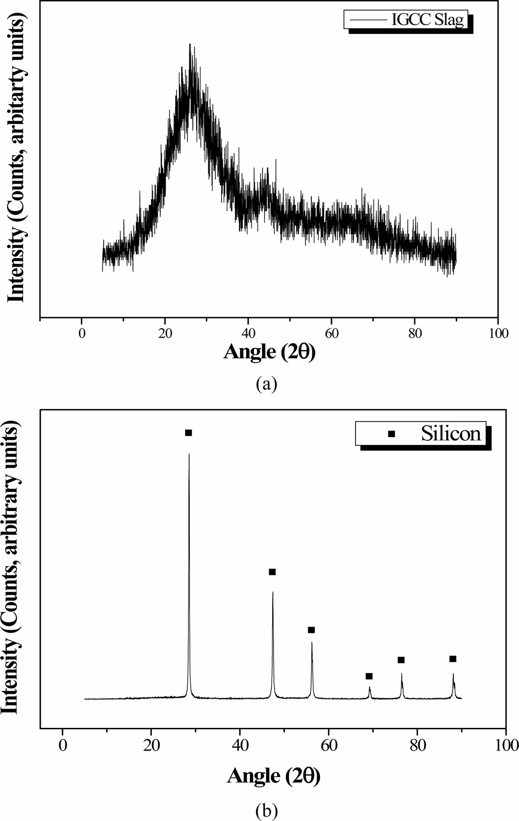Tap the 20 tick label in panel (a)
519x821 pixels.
point(165,333)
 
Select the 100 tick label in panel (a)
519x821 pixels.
point(498,333)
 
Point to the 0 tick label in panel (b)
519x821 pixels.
point(62,746)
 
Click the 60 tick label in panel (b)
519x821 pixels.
point(328,746)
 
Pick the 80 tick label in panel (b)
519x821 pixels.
point(417,746)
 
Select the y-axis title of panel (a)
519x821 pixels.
point(17,156)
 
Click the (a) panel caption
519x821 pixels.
point(267,384)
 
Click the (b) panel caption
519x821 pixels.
point(267,810)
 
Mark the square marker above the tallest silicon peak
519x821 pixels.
point(189,433)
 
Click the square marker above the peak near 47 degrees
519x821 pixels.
point(272,572)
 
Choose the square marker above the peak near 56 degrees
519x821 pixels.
point(311,630)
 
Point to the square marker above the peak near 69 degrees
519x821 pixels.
point(369,676)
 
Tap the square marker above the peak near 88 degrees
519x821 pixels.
point(453,659)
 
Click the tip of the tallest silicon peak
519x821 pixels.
point(189,454)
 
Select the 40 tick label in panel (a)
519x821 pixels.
point(248,333)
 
